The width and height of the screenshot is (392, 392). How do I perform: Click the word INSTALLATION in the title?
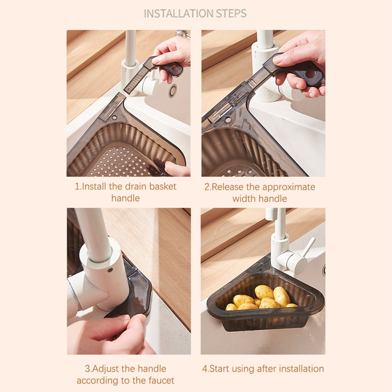[x=179, y=14]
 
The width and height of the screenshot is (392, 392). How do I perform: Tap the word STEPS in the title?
[x=231, y=14]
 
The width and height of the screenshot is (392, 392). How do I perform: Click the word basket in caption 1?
[x=163, y=187]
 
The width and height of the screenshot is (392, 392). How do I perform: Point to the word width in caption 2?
[x=244, y=199]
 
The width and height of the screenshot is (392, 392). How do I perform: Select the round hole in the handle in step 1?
[x=174, y=68]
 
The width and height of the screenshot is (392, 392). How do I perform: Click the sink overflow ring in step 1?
[x=173, y=90]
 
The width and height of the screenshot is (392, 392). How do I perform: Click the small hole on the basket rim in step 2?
[x=228, y=119]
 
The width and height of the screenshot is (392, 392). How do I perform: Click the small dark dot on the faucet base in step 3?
[x=110, y=270]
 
